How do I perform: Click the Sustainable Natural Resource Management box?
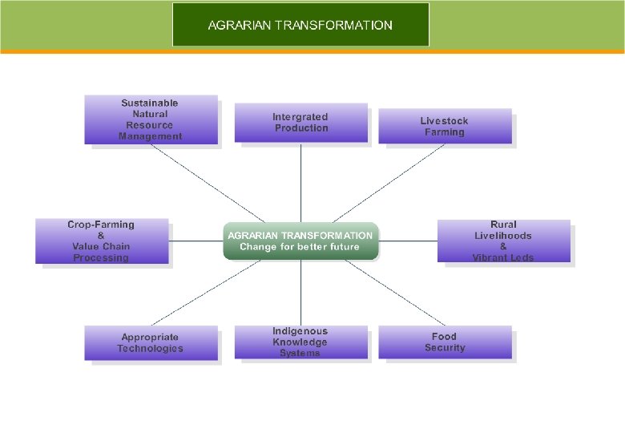point(151,119)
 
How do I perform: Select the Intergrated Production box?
point(300,123)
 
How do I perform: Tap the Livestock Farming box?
point(445,126)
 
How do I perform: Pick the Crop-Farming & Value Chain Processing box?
point(102,241)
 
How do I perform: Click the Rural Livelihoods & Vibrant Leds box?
point(503,241)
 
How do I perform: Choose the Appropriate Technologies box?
point(151,342)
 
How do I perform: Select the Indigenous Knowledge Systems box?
point(300,342)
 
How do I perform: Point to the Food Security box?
point(445,342)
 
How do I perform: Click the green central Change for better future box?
point(300,241)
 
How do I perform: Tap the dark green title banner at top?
point(300,25)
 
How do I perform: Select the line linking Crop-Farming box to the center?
point(196,241)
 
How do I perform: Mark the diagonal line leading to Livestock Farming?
point(385,184)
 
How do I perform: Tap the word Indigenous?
point(300,331)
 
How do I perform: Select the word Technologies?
point(151,348)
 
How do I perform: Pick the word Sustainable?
point(150,103)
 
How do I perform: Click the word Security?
point(445,348)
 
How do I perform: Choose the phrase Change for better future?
point(300,247)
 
